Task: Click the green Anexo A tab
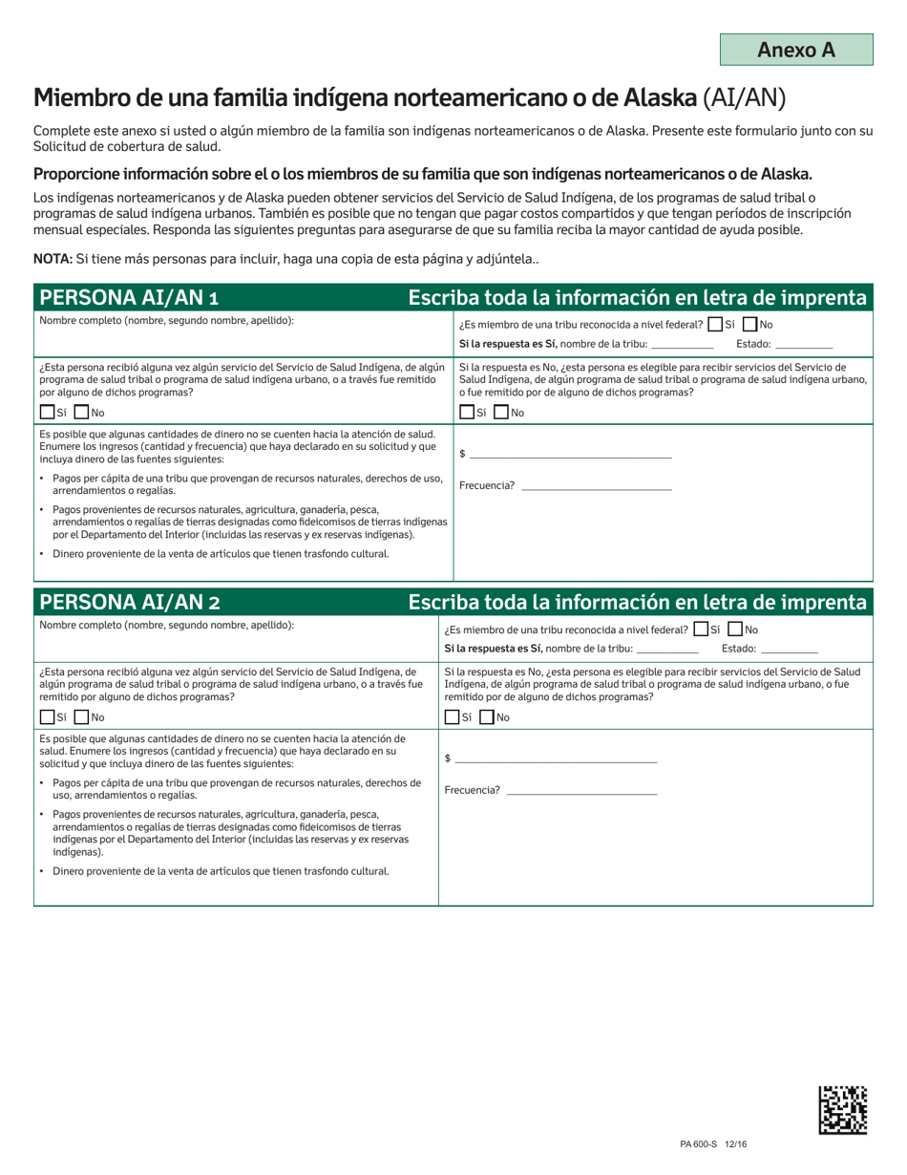pos(796,50)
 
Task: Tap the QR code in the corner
pos(844,1110)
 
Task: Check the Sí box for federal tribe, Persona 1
pos(715,325)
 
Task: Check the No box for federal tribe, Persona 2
pos(736,630)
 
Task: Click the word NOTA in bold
pos(52,259)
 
